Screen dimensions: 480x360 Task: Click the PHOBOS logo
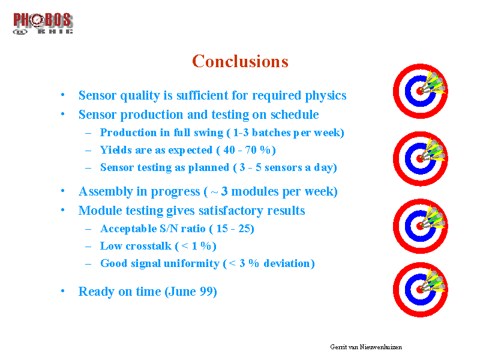(x=43, y=23)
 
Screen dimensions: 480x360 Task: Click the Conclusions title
(x=241, y=61)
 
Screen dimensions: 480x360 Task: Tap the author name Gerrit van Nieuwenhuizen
(x=366, y=347)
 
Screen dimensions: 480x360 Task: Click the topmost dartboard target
(x=421, y=91)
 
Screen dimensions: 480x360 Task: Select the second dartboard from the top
(x=421, y=158)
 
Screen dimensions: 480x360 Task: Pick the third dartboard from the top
(x=421, y=226)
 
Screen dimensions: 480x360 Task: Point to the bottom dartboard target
(x=421, y=290)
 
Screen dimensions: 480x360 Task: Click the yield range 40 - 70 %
(x=247, y=150)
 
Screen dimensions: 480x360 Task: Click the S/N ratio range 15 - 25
(x=233, y=229)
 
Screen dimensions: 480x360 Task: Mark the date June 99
(x=191, y=292)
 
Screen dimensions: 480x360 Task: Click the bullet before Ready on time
(x=63, y=291)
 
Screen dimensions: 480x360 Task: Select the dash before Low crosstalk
(x=88, y=247)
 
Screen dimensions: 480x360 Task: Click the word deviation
(x=287, y=263)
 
